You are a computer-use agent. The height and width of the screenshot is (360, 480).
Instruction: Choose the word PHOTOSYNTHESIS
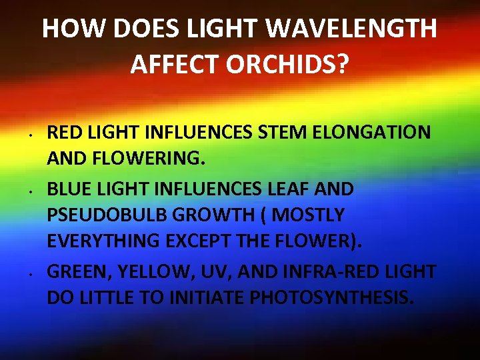(x=331, y=298)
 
